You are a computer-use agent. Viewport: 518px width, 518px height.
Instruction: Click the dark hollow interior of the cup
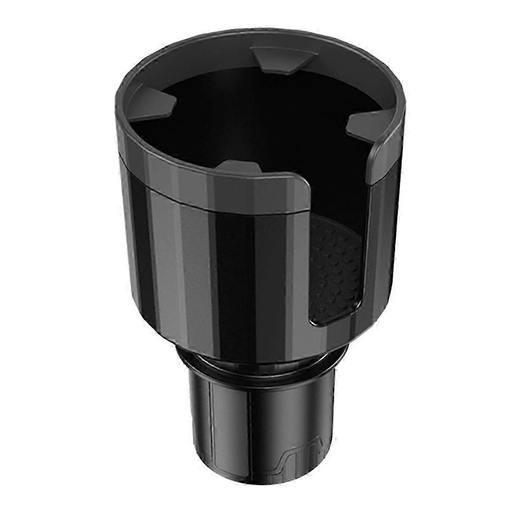click(250, 112)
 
